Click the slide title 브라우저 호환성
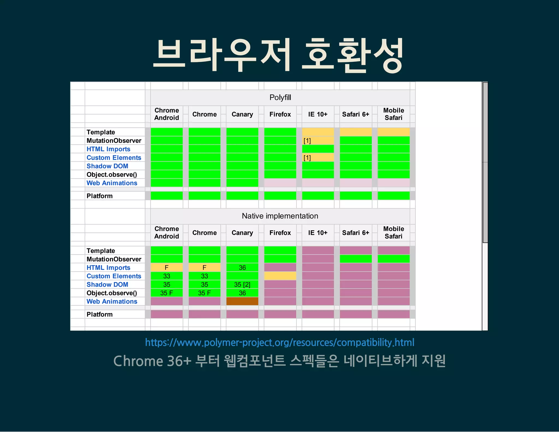coord(278,55)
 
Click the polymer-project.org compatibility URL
coord(279,342)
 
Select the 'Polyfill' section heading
coord(280,97)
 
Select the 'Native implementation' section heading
coord(280,216)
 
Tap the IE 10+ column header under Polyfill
coord(318,114)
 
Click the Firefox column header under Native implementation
coord(280,233)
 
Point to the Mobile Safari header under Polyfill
coord(393,114)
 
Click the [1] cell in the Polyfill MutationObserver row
coord(318,141)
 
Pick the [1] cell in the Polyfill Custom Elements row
coord(318,158)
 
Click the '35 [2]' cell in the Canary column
coord(242,285)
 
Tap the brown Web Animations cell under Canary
coord(242,301)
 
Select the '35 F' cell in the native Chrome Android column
coord(166,293)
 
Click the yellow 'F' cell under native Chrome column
coord(204,268)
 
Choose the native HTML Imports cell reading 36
coord(242,268)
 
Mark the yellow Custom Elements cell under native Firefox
coord(280,276)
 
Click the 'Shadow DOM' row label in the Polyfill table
coord(107,166)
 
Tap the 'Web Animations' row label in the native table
coord(112,301)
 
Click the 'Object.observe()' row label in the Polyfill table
coord(112,174)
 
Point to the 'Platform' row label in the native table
coord(100,314)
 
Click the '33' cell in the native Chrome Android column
coord(166,276)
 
